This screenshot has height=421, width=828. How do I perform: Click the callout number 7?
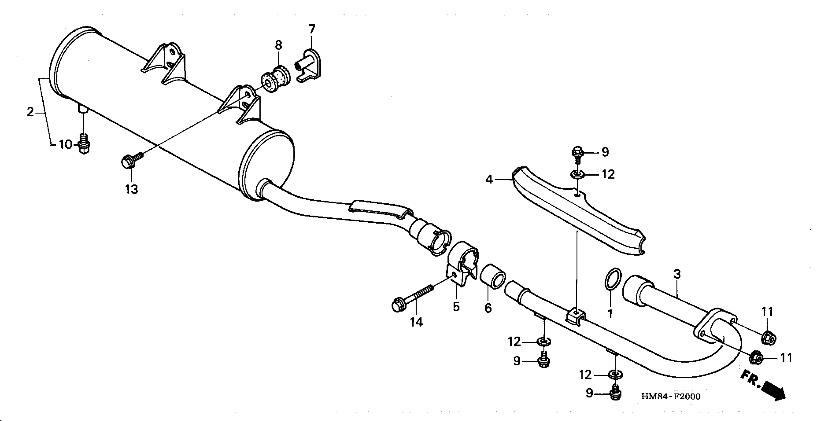pyautogui.click(x=312, y=29)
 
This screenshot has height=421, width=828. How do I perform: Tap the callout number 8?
pyautogui.click(x=278, y=45)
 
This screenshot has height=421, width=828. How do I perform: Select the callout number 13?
pyautogui.click(x=132, y=189)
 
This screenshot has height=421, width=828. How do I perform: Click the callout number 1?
pyautogui.click(x=610, y=314)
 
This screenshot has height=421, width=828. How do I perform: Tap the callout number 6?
pyautogui.click(x=488, y=309)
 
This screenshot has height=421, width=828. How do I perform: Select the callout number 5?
pyautogui.click(x=456, y=307)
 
